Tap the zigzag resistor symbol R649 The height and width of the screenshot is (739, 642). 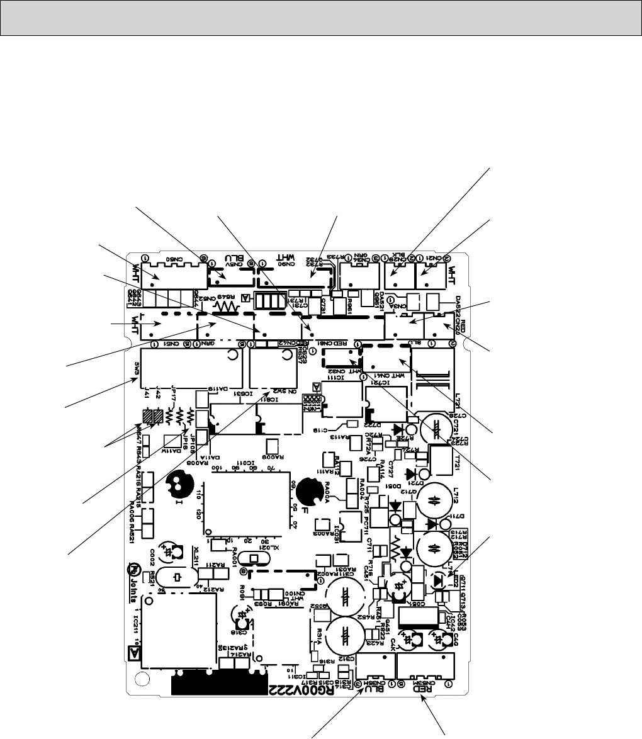[x=225, y=307]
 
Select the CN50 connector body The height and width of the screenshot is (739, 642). [x=172, y=275]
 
